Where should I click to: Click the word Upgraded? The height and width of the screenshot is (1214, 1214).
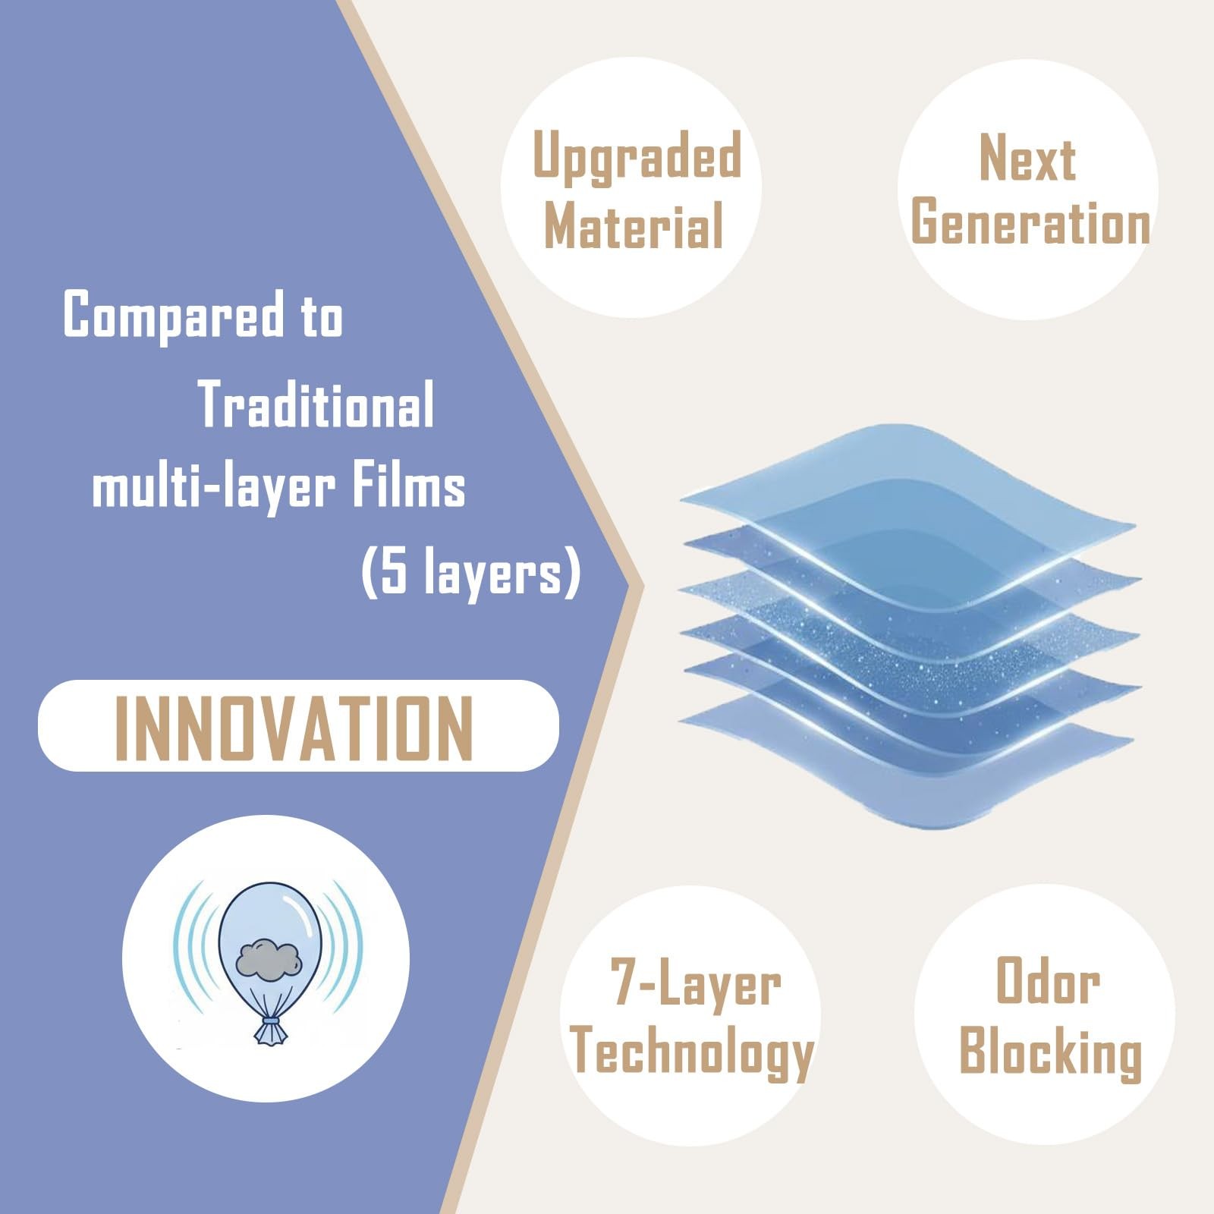[637, 156]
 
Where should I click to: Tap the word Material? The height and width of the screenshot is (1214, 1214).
[634, 225]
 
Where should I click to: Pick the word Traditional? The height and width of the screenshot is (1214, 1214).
[316, 404]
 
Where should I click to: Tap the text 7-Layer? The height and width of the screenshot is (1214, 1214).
[696, 984]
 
